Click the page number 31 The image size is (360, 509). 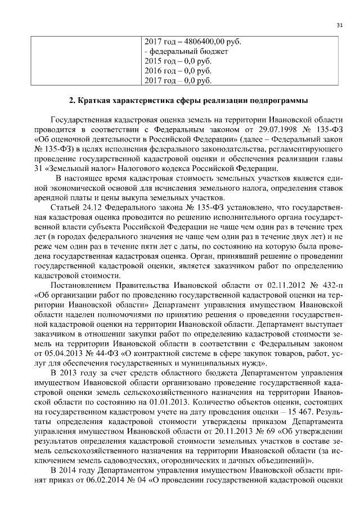pos(339,25)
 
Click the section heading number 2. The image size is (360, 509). pos(71,101)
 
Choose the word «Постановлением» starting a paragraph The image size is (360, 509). pos(81,284)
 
